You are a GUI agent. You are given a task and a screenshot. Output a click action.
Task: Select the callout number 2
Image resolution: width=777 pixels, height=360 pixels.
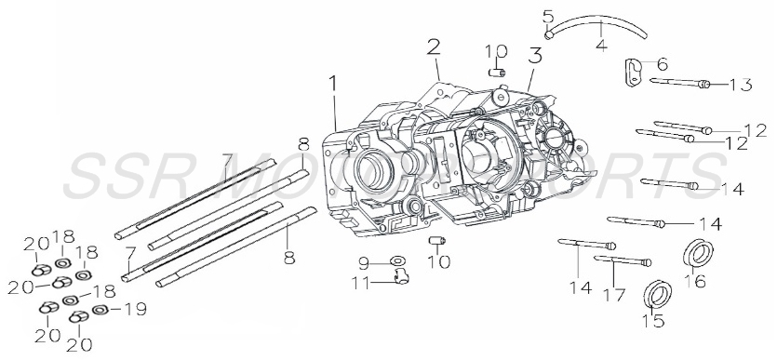point(434,47)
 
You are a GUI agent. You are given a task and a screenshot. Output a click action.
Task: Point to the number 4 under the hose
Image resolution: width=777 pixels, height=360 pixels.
point(601,43)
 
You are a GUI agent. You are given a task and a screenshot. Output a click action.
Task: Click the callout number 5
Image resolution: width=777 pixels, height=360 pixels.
point(547,16)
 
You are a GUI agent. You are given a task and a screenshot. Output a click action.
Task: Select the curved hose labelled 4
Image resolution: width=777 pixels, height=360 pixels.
point(596,23)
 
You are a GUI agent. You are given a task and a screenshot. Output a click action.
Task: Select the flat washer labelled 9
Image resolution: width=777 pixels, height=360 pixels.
point(396,260)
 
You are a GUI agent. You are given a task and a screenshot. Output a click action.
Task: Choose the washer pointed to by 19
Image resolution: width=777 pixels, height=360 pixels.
point(99,308)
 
